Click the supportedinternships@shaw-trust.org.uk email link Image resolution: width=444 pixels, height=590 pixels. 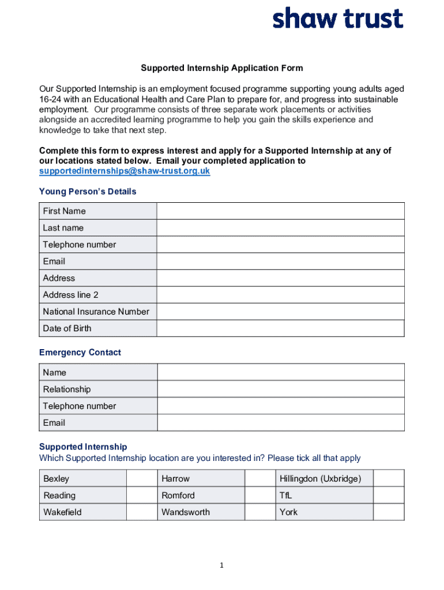(x=125, y=171)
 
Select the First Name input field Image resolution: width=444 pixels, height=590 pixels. (x=280, y=211)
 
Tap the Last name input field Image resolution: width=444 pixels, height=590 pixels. (x=280, y=228)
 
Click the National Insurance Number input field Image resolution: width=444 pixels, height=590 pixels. (x=280, y=312)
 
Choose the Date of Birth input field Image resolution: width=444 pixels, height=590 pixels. (x=280, y=328)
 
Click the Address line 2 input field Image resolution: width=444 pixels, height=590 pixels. (x=280, y=295)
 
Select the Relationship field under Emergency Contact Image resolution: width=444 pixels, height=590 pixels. (x=280, y=389)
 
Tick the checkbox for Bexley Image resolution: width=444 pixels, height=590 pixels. (x=142, y=479)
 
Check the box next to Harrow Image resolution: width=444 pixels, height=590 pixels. (x=260, y=479)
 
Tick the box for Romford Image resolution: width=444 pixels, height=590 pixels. (x=260, y=496)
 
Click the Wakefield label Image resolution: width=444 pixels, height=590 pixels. (x=63, y=512)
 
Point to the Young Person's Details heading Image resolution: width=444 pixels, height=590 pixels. (x=88, y=191)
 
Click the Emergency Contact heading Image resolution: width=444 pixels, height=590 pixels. (x=80, y=352)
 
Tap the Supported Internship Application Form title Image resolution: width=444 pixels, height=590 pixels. (x=222, y=68)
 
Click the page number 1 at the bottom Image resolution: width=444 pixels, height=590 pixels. (x=222, y=566)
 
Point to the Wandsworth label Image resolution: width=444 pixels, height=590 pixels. (x=186, y=512)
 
